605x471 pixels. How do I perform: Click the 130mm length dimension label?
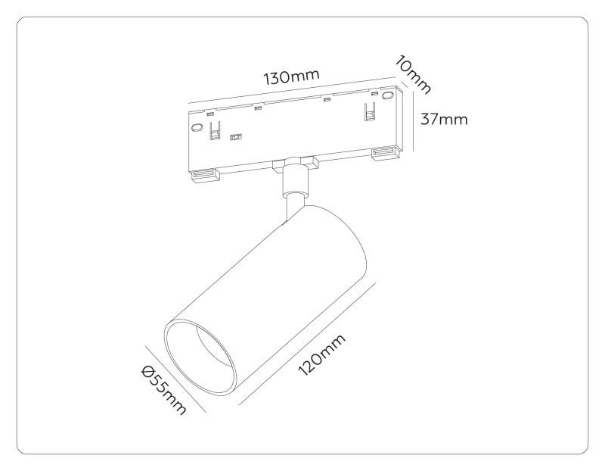coord(291,77)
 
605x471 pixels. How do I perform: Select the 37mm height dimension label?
coord(444,119)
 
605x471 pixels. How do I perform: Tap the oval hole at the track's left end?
coord(196,129)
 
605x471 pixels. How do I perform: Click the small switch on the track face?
coord(235,138)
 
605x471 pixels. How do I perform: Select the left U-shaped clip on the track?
coord(215,127)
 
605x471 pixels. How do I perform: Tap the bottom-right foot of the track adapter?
coord(386,154)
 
